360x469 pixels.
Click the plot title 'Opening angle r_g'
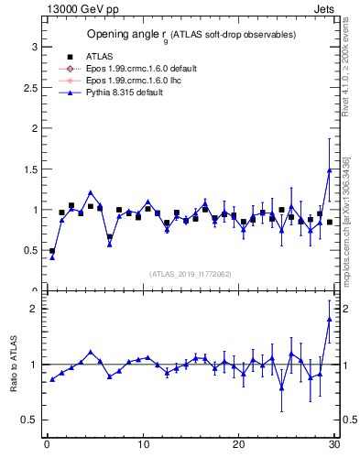tap(191, 35)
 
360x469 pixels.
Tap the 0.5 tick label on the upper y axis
tap(29, 250)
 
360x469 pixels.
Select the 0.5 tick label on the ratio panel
tap(29, 420)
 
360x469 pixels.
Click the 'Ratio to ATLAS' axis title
tap(12, 364)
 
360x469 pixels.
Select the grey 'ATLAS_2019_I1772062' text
tap(191, 273)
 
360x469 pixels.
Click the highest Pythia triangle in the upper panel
tap(329, 170)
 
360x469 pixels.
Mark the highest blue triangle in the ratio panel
tap(329, 319)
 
